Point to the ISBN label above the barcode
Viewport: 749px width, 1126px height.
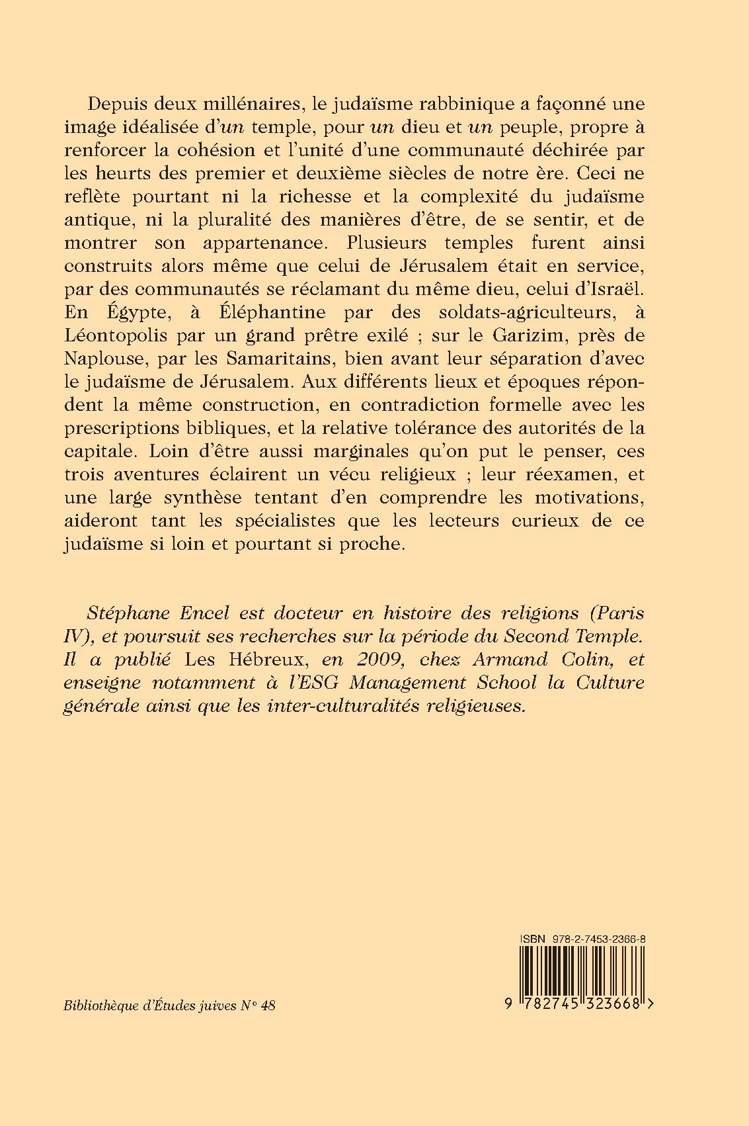[x=532, y=939]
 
